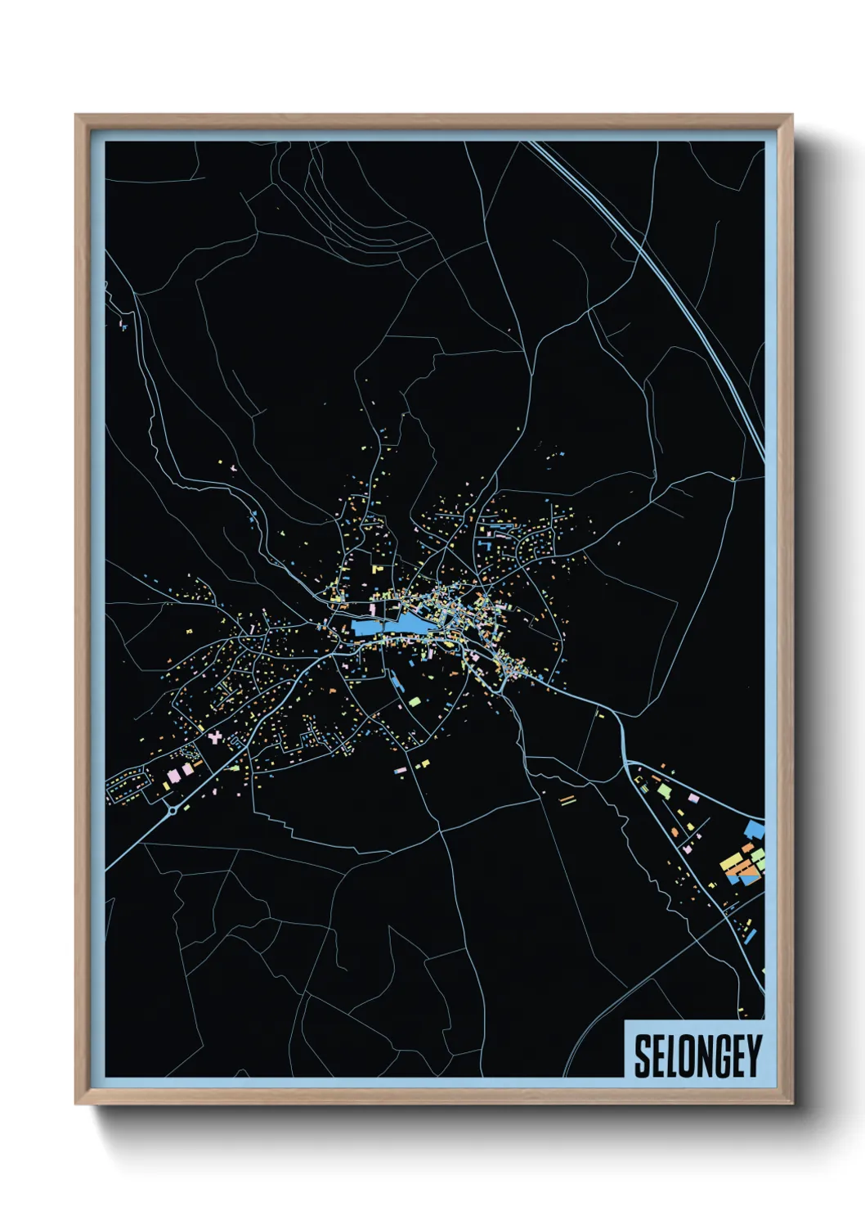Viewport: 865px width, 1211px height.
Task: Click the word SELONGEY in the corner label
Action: coord(697,1056)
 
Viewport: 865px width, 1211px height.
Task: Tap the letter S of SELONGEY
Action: coord(643,1056)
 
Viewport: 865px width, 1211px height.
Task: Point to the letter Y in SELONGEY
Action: coord(753,1056)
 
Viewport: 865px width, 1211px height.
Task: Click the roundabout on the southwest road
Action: coord(173,811)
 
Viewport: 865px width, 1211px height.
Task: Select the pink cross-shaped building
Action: coord(214,737)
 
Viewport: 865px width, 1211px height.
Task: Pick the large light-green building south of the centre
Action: coord(415,701)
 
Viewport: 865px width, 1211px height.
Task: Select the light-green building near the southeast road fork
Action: coord(664,792)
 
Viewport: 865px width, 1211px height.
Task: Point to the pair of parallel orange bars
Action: coord(567,799)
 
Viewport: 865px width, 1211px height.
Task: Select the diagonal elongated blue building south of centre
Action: coord(396,682)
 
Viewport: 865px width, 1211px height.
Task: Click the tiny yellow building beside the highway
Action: coord(733,479)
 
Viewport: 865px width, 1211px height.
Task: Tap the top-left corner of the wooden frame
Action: coord(76,115)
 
